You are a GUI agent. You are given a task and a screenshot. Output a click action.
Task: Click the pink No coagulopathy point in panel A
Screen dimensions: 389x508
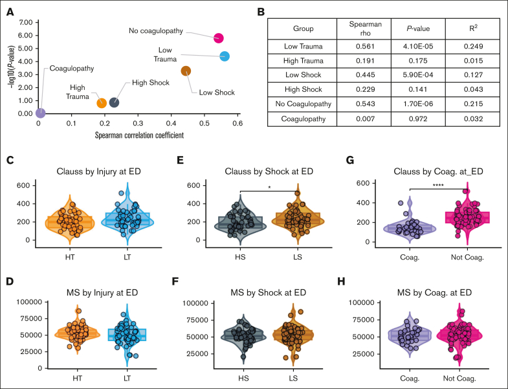pos(219,38)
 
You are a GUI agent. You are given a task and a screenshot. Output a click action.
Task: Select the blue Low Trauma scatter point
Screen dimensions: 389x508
pos(225,56)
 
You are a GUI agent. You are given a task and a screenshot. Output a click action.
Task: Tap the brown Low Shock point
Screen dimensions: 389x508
pos(186,71)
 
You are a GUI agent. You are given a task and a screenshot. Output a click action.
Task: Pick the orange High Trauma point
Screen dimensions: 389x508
pos(102,103)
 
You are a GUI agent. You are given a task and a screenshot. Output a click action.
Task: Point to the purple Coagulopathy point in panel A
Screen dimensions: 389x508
pos(40,113)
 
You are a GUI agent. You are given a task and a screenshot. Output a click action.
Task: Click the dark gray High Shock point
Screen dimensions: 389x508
pos(114,102)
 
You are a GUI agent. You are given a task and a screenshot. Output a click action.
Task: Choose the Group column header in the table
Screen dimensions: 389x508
pos(303,28)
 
